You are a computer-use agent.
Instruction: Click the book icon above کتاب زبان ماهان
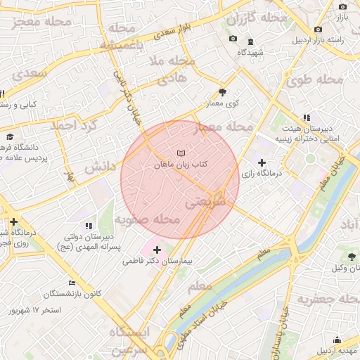(181, 153)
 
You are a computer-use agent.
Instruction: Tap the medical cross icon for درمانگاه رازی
(262, 163)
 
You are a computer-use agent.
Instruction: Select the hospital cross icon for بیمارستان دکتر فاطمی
(156, 250)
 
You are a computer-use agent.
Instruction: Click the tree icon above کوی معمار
(223, 92)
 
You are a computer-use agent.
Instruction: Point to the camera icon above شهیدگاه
(233, 39)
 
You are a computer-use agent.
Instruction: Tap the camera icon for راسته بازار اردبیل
(319, 29)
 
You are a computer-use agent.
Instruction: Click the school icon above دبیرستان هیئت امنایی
(306, 117)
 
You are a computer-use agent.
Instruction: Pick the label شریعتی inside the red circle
(207, 202)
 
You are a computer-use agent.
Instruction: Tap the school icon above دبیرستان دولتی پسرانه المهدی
(89, 226)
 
